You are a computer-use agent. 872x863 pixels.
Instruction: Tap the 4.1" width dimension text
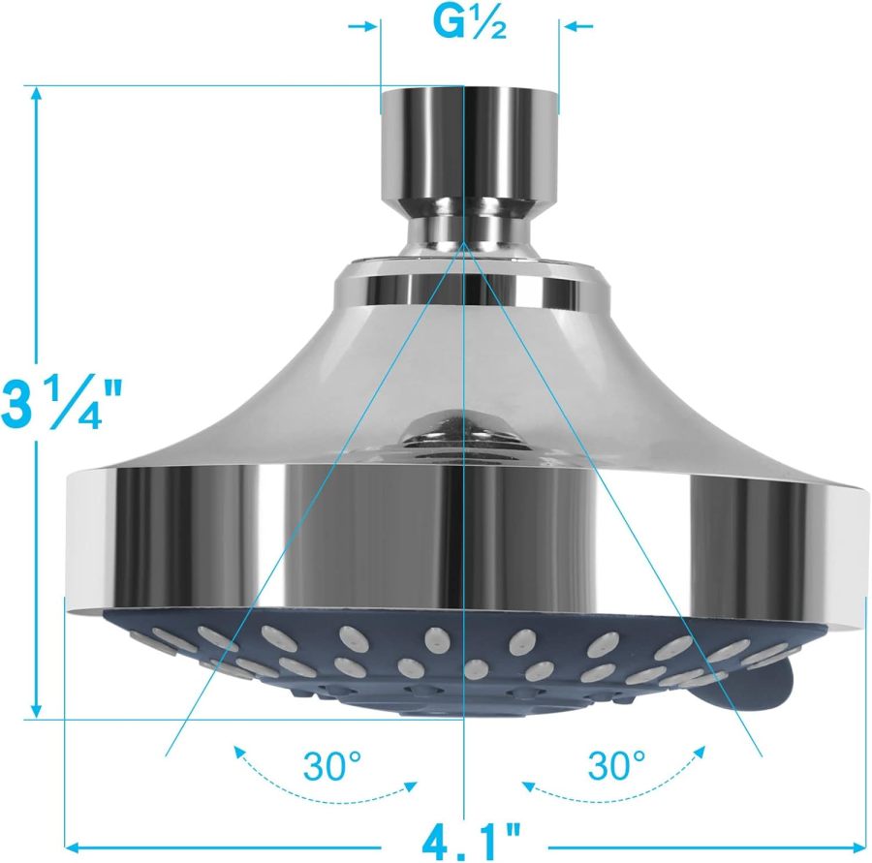pyautogui.click(x=470, y=835)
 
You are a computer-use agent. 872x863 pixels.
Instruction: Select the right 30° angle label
pyautogui.click(x=615, y=767)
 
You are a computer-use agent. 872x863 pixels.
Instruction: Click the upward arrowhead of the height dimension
pyautogui.click(x=37, y=94)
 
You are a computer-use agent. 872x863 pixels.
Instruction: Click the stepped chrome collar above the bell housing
pyautogui.click(x=470, y=286)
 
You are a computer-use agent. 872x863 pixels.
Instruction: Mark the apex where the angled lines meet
pyautogui.click(x=467, y=246)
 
